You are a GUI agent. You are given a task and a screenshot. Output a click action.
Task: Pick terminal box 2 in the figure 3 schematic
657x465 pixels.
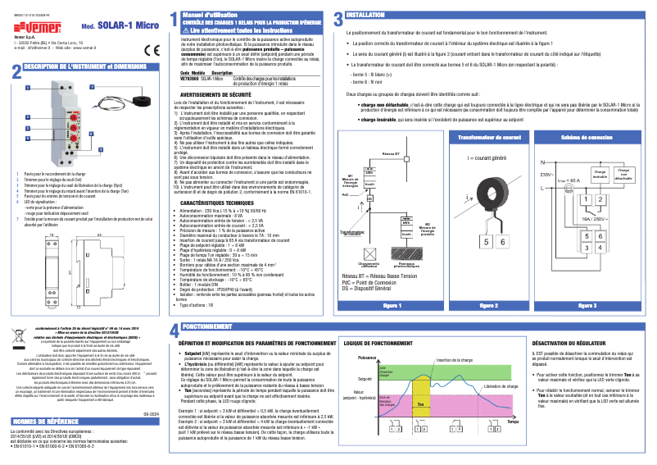click(601, 199)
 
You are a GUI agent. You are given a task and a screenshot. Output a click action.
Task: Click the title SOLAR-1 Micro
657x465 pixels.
click(121, 25)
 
